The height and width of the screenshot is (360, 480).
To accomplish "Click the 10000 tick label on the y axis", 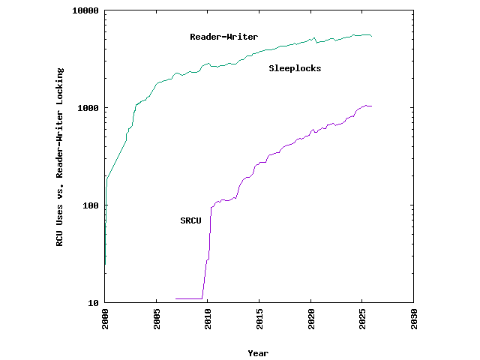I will [84, 11].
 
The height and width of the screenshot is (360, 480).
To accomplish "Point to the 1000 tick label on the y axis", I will [87, 108].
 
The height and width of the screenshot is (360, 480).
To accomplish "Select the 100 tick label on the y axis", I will [89, 205].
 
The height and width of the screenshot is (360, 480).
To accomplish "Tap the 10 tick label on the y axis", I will [92, 303].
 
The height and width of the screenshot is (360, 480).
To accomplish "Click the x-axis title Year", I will [258, 353].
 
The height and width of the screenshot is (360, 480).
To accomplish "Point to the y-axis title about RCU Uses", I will [60, 157].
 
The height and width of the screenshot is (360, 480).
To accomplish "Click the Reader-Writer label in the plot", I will [223, 37].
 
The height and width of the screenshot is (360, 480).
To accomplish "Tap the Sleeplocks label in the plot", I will [295, 68].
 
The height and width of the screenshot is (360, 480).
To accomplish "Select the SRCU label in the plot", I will [190, 220].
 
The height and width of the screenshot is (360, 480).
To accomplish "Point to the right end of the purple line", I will [371, 106].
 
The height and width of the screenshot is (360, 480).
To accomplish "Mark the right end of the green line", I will [371, 36].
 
